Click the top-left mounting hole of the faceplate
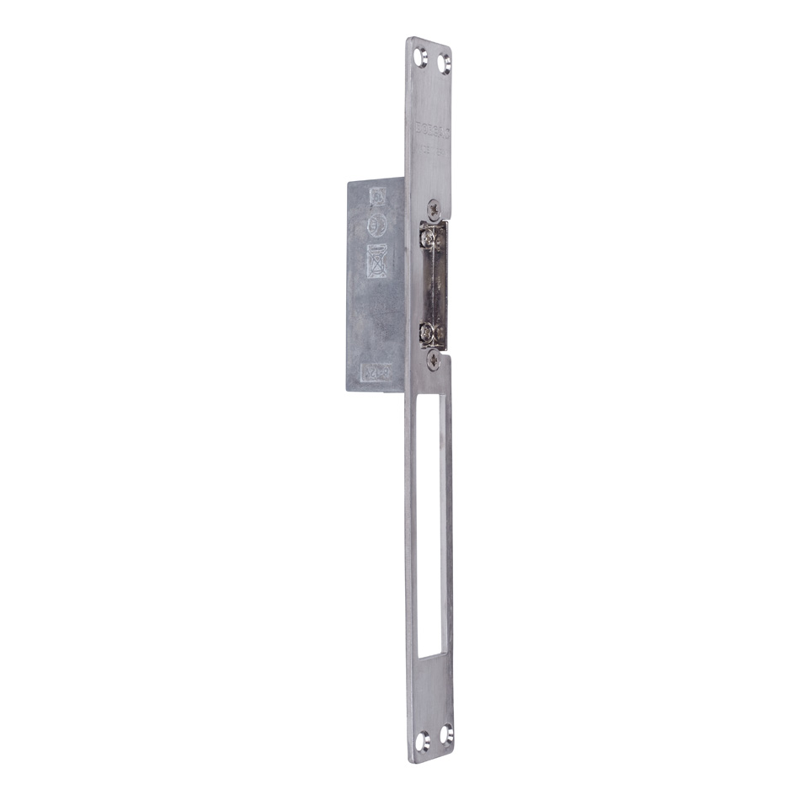pyautogui.click(x=422, y=57)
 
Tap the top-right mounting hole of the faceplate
pyautogui.click(x=445, y=63)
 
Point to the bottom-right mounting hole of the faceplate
pyautogui.click(x=445, y=733)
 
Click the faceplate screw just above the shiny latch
pyautogui.click(x=433, y=206)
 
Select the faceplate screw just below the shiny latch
pyautogui.click(x=433, y=360)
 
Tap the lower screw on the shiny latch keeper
pyautogui.click(x=431, y=332)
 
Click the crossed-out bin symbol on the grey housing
pyautogui.click(x=377, y=261)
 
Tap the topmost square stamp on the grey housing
pyautogui.click(x=377, y=198)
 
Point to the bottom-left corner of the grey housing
pyautogui.click(x=346, y=390)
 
